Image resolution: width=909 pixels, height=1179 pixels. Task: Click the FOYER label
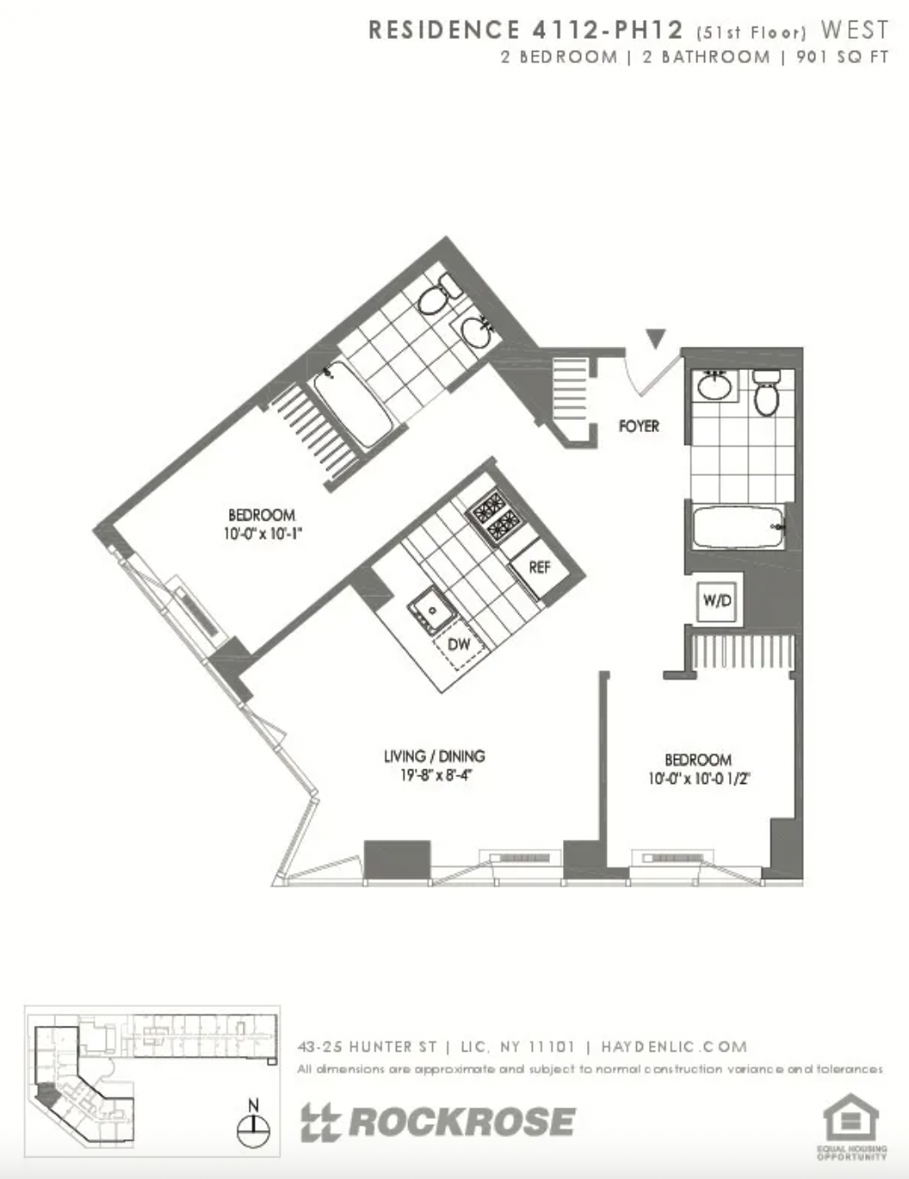coord(639,425)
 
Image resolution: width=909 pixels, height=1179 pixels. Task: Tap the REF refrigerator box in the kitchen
coord(540,567)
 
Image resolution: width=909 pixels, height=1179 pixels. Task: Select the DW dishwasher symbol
coord(459,645)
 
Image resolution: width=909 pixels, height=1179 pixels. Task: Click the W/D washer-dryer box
coord(717,601)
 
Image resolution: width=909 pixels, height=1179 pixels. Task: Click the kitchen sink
coord(428,610)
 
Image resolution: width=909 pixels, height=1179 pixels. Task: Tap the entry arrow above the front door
coord(657,338)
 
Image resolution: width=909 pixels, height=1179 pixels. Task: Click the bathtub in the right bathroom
coord(739,528)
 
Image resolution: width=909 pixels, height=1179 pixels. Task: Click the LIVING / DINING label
coord(435,756)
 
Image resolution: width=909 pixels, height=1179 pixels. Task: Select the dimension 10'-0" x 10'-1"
coord(262,533)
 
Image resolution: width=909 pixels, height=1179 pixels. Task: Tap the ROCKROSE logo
coord(438,1122)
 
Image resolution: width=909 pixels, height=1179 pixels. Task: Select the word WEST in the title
coord(854,30)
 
